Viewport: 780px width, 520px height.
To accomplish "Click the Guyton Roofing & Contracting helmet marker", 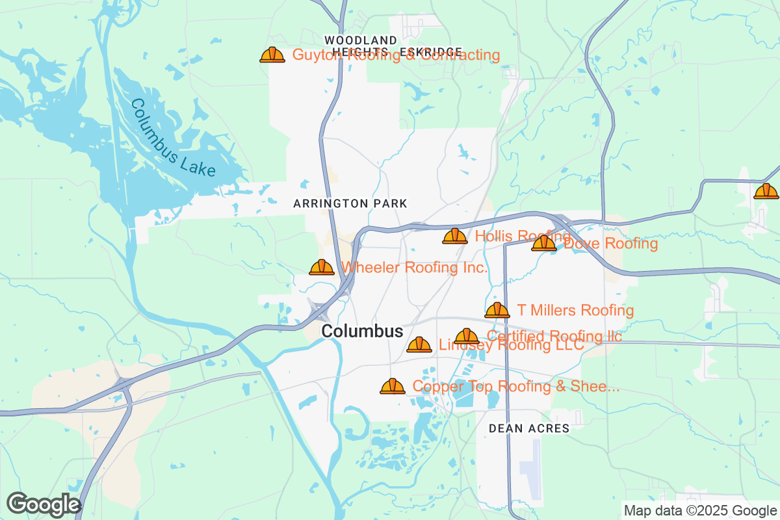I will pos(272,55).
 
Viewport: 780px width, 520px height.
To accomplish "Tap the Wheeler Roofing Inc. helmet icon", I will pos(322,267).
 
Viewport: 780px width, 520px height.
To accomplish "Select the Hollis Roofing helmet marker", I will pos(455,236).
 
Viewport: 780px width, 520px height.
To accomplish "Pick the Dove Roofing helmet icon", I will pos(544,244).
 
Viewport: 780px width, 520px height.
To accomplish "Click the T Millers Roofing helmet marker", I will pos(497,311).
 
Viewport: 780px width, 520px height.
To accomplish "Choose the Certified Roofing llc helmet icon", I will pos(467,337).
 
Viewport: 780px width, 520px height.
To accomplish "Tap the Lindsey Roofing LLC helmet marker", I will pos(419,345).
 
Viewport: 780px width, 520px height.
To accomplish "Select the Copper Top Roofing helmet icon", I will pos(393,387).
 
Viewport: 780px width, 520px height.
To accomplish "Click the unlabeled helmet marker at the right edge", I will pos(766,191).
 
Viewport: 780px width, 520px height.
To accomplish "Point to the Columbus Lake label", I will pos(172,138).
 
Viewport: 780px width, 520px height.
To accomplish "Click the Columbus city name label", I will pos(362,331).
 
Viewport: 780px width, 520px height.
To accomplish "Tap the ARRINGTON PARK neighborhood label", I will pos(350,203).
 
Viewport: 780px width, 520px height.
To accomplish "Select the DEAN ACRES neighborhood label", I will pos(529,428).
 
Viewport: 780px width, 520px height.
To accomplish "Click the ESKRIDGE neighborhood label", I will pos(431,51).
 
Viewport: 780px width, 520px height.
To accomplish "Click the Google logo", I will pos(44,504).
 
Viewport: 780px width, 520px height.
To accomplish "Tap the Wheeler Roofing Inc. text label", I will pos(414,267).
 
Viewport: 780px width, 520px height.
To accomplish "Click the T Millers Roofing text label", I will pos(575,310).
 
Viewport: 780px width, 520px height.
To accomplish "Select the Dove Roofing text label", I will pos(611,244).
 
